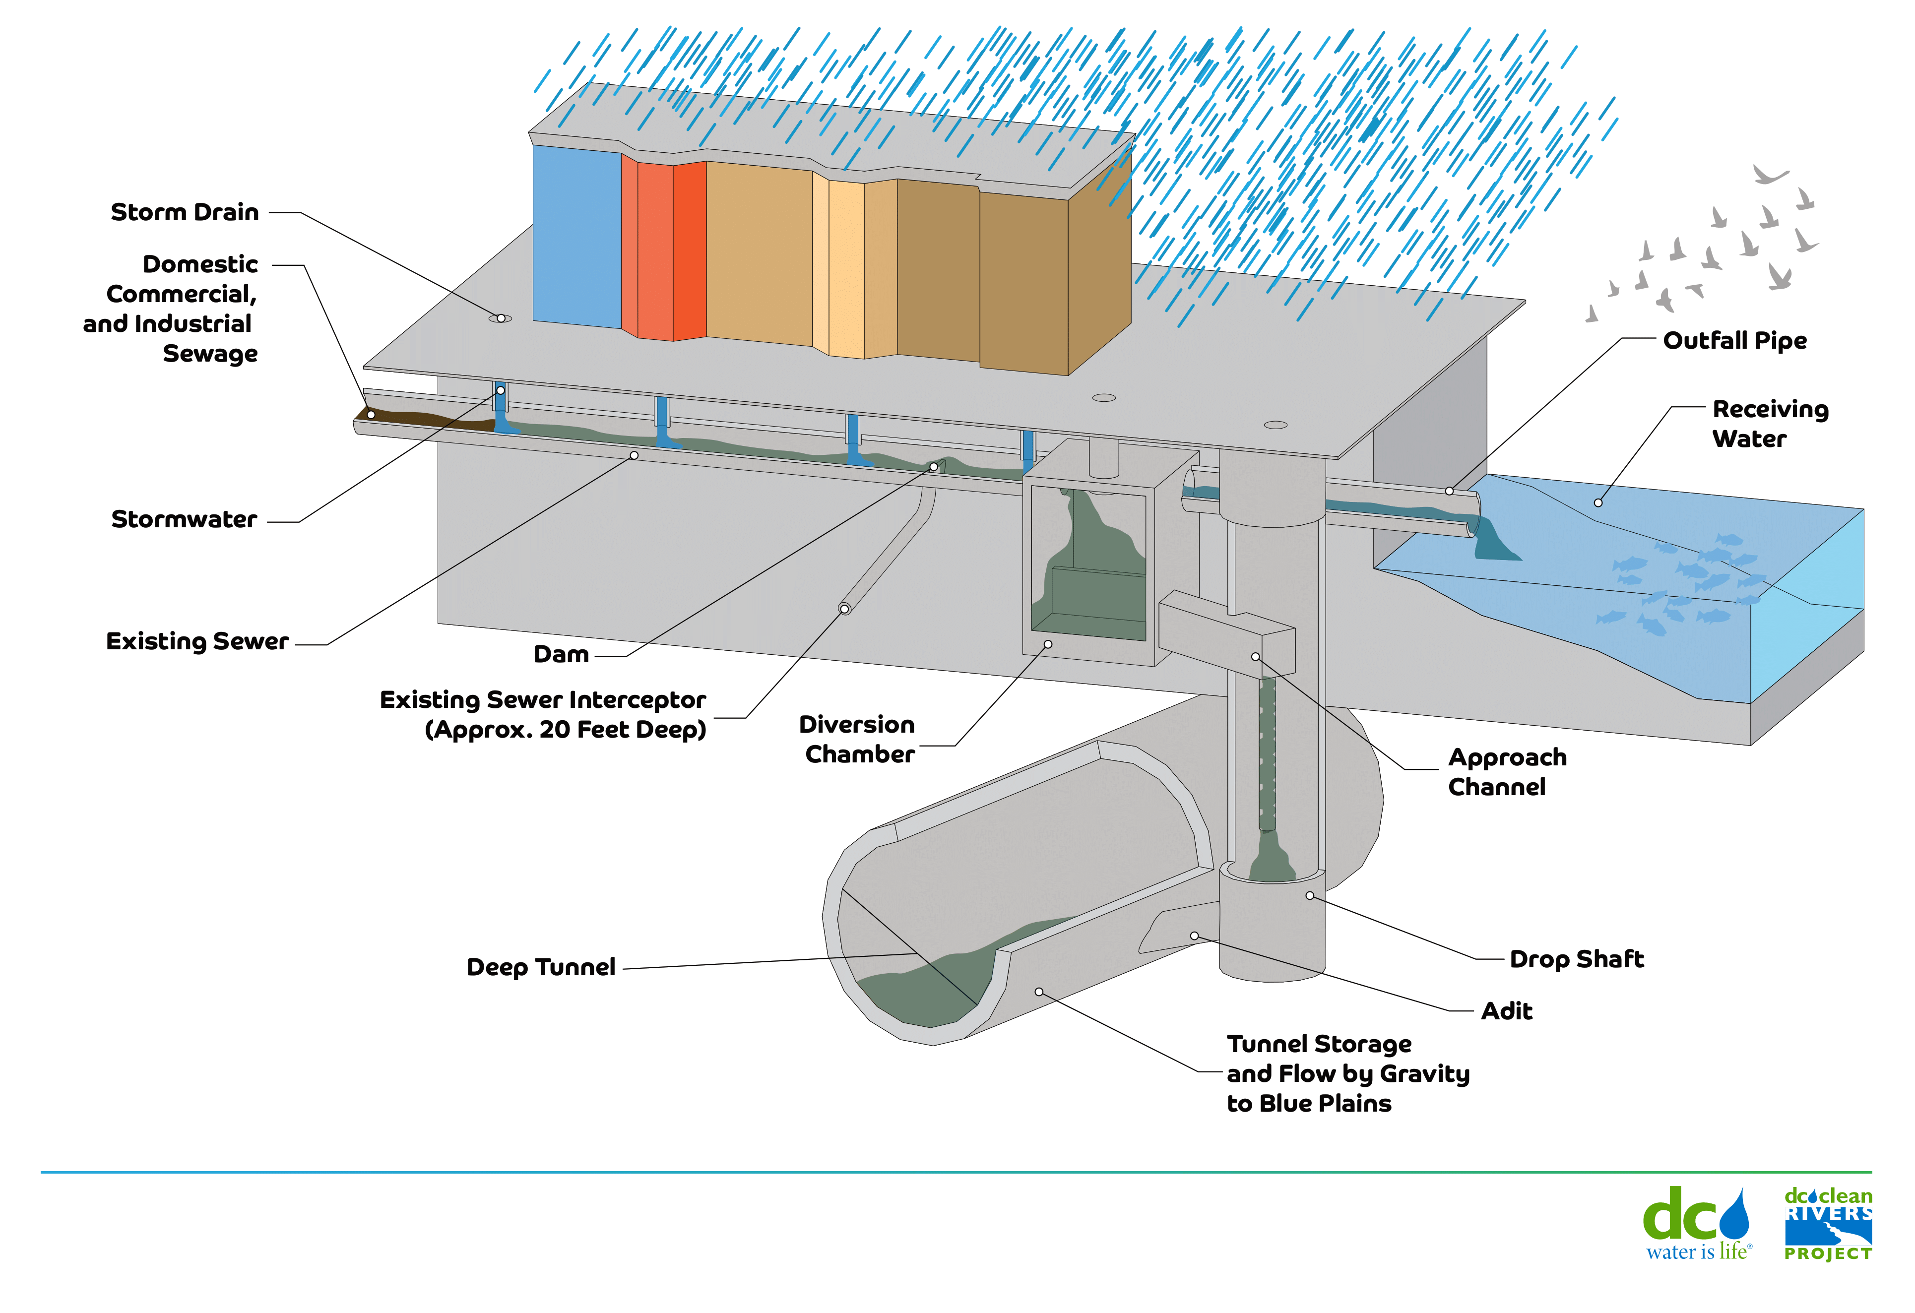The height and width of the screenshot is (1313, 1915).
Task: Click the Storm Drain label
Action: [185, 212]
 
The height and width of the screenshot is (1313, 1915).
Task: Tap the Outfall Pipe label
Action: [1734, 340]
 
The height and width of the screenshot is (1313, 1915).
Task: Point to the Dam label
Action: [561, 655]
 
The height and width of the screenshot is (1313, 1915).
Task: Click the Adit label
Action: [1506, 1011]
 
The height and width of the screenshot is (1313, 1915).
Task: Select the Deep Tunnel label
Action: [541, 967]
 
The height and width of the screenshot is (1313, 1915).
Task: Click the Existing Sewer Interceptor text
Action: [542, 700]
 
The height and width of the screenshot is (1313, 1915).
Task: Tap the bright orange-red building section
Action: [689, 250]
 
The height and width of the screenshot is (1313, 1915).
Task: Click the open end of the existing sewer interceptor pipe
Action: [844, 609]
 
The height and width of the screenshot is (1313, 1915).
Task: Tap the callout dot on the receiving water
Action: [1598, 502]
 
